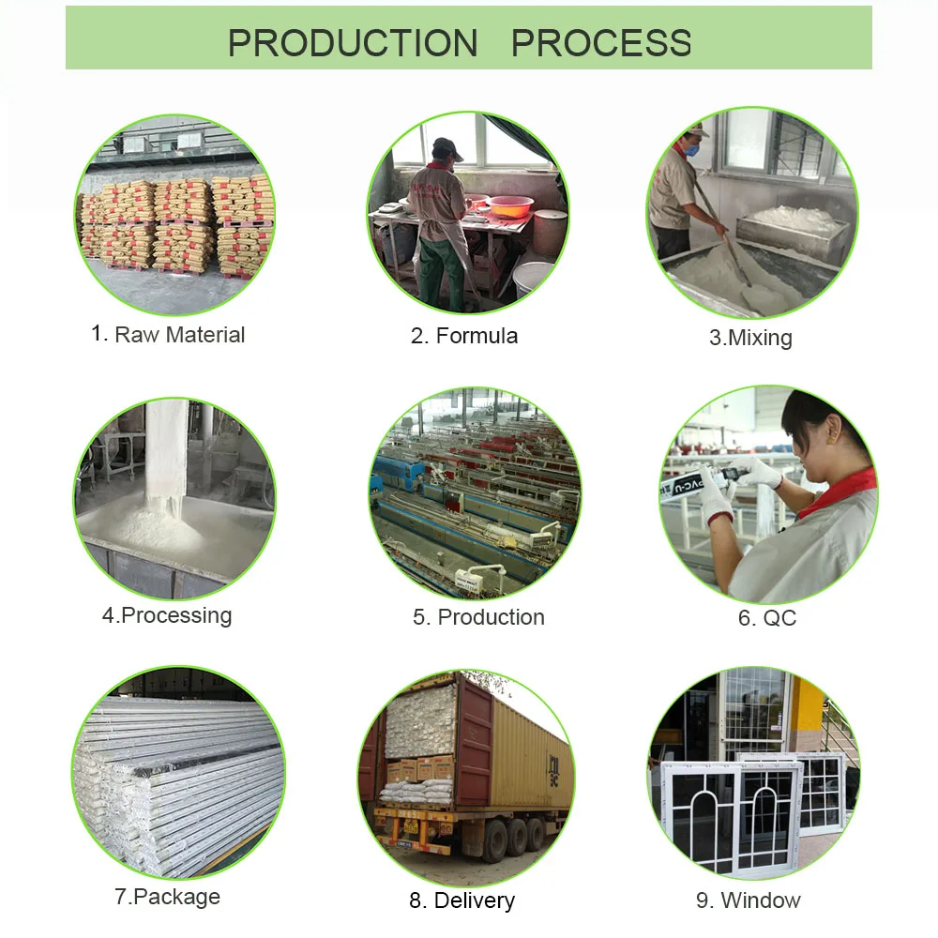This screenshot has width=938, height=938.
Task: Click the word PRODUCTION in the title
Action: click(353, 43)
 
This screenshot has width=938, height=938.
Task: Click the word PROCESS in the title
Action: click(601, 43)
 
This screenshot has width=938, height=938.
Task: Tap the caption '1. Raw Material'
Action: click(168, 335)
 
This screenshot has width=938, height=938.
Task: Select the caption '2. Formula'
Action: click(464, 336)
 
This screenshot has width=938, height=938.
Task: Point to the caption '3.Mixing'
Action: click(750, 338)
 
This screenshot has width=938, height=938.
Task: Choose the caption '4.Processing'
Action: click(167, 615)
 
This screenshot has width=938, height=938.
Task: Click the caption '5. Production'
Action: click(478, 617)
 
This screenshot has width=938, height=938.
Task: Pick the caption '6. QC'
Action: click(767, 618)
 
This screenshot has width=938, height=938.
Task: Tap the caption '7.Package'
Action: click(167, 897)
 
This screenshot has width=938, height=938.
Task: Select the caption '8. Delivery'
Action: click(461, 901)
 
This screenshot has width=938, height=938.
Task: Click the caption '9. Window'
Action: click(749, 900)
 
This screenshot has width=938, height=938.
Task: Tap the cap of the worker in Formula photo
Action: click(448, 147)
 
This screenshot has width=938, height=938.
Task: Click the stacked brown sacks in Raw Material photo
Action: click(178, 220)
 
